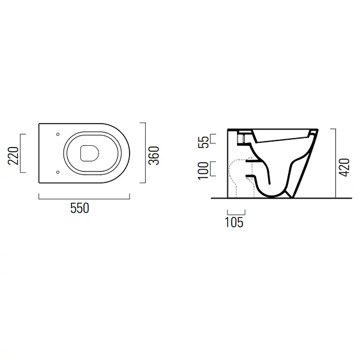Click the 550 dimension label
[x=79, y=208]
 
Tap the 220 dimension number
[x=13, y=155]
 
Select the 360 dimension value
[x=154, y=155]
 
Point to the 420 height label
[x=344, y=167]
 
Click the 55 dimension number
[x=203, y=142]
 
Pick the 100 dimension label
[x=203, y=170]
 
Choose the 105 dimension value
[x=234, y=222]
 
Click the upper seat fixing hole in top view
[x=58, y=134]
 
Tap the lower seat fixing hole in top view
[x=58, y=172]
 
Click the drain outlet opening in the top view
[x=89, y=153]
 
